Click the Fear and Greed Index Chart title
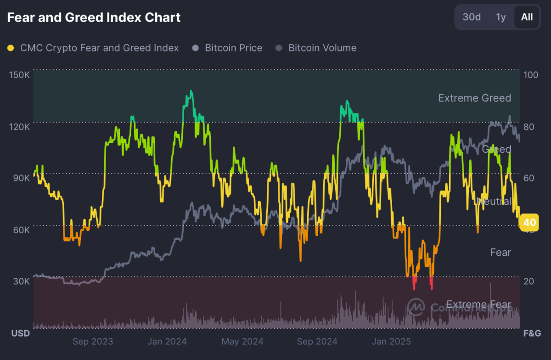point(94,18)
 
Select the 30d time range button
point(472,17)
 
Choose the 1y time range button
point(500,17)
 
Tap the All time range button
point(527,17)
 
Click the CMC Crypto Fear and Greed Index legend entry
point(94,48)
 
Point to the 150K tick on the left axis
point(19,74)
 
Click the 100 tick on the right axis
point(531,74)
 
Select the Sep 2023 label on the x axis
point(93,342)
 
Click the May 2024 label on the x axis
point(242,342)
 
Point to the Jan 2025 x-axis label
point(391,342)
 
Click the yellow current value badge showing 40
point(529,223)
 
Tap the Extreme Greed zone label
point(474,98)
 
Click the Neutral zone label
point(494,201)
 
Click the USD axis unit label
point(21,333)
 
